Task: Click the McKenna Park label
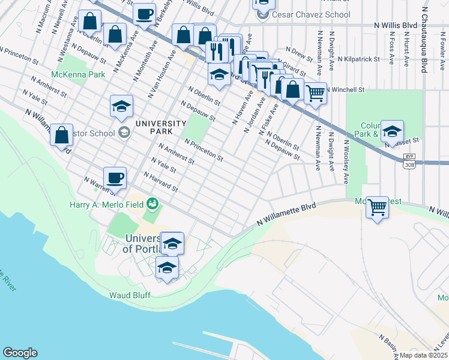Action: click(x=77, y=74)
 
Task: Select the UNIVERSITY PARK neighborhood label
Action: click(x=160, y=128)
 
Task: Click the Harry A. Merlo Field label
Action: click(x=106, y=205)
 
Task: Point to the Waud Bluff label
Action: click(x=129, y=295)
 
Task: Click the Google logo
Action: click(x=20, y=353)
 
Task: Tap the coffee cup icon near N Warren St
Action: click(x=115, y=178)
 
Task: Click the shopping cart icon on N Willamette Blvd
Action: click(x=377, y=208)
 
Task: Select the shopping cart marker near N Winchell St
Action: click(x=315, y=93)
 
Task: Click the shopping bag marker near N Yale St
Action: click(x=62, y=136)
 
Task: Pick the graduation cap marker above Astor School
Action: click(x=122, y=107)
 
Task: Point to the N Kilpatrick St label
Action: click(x=358, y=59)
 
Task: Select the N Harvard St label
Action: click(x=161, y=182)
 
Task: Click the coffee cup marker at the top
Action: click(x=144, y=14)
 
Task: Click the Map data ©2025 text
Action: click(x=423, y=355)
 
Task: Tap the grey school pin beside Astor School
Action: click(x=124, y=132)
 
